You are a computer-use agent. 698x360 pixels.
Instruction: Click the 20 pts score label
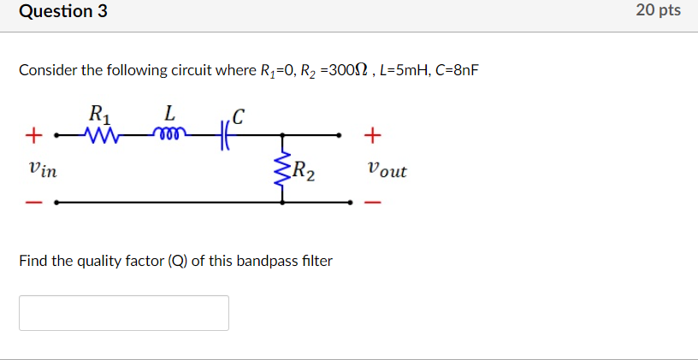click(658, 11)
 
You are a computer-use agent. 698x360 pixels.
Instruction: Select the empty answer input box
click(124, 313)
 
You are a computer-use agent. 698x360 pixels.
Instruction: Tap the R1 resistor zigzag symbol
click(102, 134)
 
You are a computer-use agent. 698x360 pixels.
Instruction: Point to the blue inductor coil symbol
click(169, 132)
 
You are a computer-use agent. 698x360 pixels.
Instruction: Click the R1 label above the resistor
click(99, 112)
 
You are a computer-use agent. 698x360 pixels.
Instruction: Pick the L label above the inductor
click(169, 112)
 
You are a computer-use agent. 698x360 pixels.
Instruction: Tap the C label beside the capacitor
click(240, 115)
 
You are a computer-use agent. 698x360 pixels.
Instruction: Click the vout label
click(387, 169)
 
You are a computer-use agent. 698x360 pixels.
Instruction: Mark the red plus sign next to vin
click(34, 135)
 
